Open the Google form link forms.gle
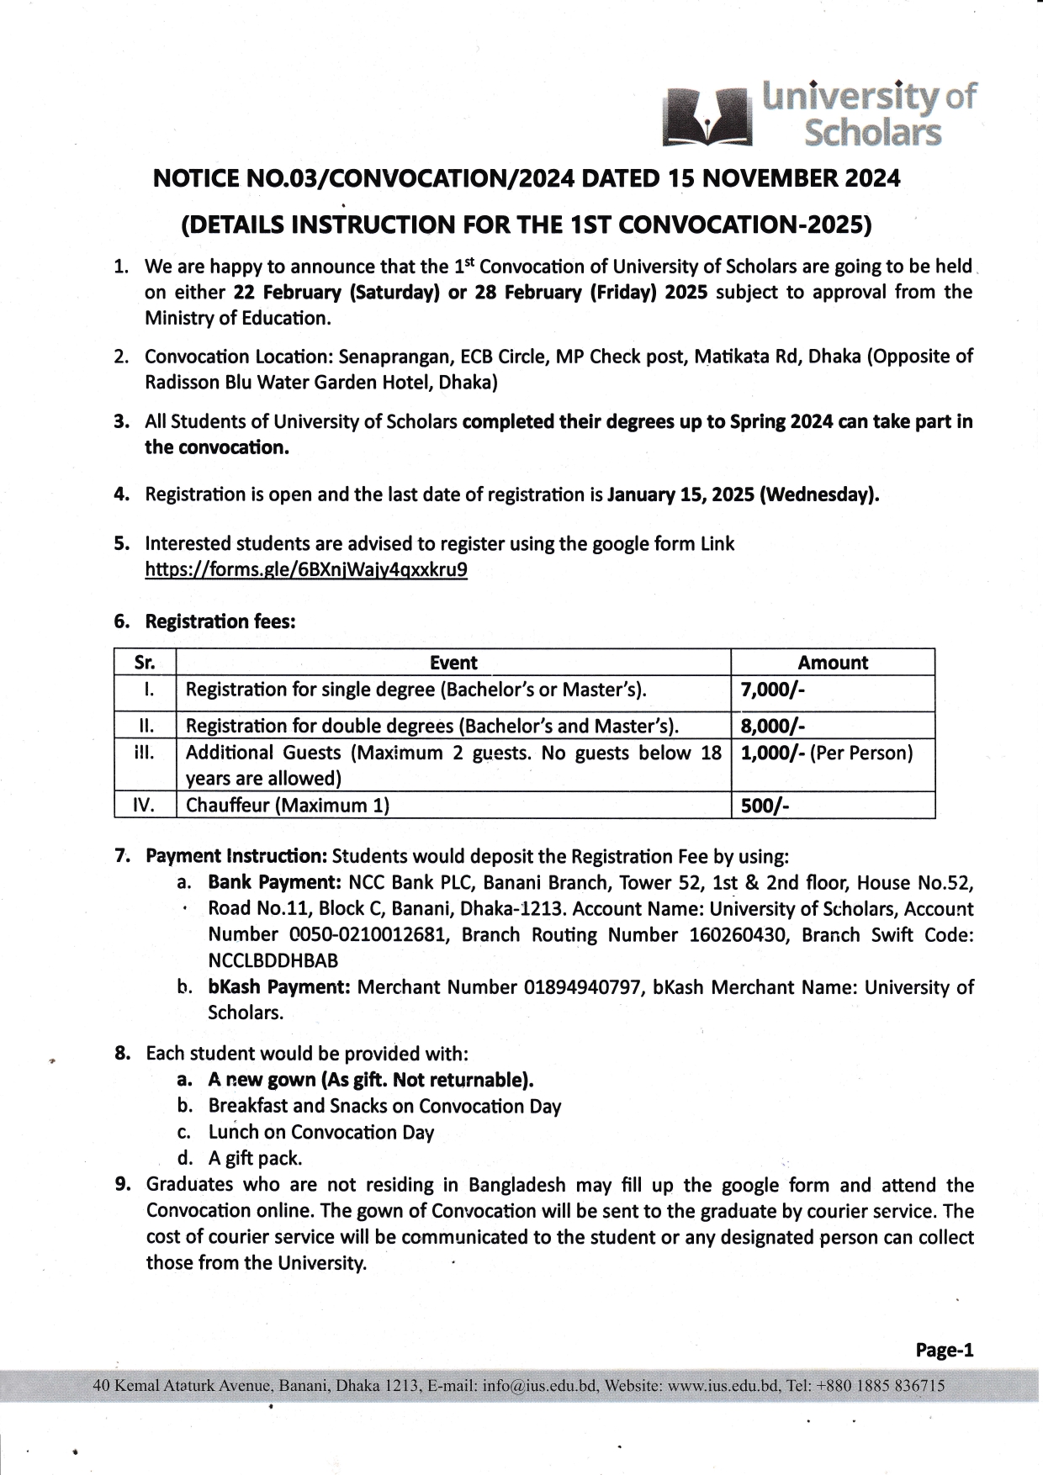pyautogui.click(x=306, y=570)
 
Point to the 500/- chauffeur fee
pyautogui.click(x=764, y=806)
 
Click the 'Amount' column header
pyautogui.click(x=833, y=663)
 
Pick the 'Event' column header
pyautogui.click(x=453, y=663)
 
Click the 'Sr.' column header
pyautogui.click(x=145, y=663)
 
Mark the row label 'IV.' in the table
pyautogui.click(x=145, y=806)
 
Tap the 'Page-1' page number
pyautogui.click(x=945, y=1351)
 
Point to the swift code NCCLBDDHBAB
pyautogui.click(x=273, y=960)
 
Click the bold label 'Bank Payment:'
pyautogui.click(x=274, y=883)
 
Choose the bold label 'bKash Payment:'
pyautogui.click(x=279, y=986)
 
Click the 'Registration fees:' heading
pyautogui.click(x=220, y=621)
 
